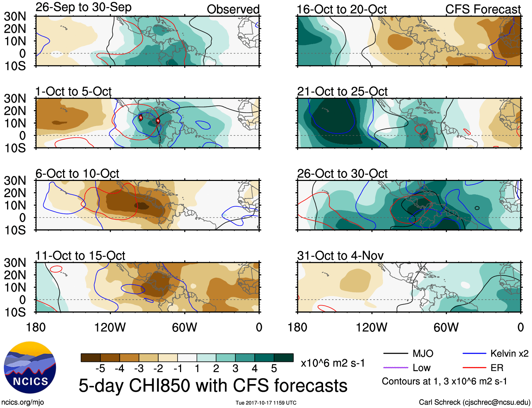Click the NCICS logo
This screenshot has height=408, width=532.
tap(30, 367)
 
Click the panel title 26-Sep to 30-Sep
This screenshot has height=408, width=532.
tap(83, 7)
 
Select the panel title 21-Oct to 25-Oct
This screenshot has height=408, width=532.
tap(342, 92)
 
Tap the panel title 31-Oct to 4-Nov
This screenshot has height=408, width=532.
tap(340, 256)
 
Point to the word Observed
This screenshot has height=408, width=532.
tap(233, 10)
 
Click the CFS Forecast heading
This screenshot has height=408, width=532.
tap(483, 10)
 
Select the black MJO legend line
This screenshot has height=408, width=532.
tap(395, 353)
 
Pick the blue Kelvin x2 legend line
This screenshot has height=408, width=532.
tap(474, 353)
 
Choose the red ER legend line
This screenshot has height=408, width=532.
tap(474, 368)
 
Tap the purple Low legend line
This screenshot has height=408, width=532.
tap(395, 368)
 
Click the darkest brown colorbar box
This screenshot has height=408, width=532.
tap(91, 358)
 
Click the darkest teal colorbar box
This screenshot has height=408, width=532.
tap(284, 358)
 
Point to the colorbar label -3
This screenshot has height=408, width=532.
tap(139, 369)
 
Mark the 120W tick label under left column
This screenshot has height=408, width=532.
tap(110, 327)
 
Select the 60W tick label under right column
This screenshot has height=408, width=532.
tap(446, 327)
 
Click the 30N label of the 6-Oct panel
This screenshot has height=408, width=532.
tap(15, 181)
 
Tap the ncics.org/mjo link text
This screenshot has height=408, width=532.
tap(23, 402)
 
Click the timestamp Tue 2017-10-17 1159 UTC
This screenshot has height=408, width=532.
tap(266, 403)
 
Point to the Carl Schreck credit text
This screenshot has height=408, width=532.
tap(474, 402)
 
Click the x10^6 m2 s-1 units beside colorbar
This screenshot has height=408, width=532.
tap(333, 363)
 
